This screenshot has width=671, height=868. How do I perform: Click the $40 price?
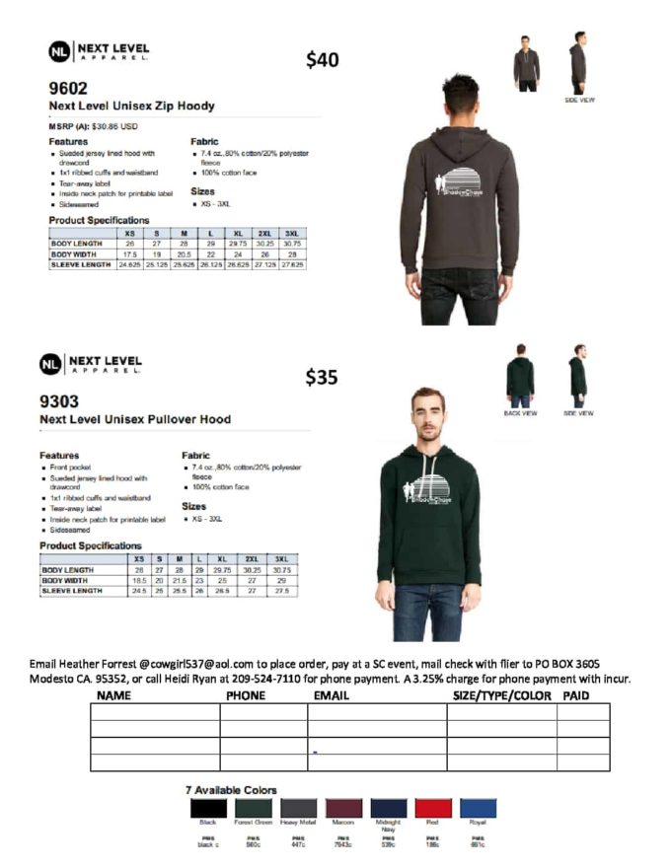(x=322, y=60)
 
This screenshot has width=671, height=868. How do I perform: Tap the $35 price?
(x=322, y=377)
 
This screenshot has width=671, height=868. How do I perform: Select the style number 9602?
(x=68, y=89)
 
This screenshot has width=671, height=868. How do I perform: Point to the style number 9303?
(x=58, y=402)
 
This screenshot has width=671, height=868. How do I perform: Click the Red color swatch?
(x=433, y=809)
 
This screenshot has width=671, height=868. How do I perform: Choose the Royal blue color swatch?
(x=478, y=809)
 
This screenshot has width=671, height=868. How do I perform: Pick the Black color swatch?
(x=208, y=809)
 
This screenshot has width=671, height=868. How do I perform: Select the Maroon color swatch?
(x=343, y=809)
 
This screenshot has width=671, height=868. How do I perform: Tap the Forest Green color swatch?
(x=254, y=809)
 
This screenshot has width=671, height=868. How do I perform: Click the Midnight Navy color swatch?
(x=388, y=809)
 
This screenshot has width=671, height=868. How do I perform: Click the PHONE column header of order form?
(x=246, y=695)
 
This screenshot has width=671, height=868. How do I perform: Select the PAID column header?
(x=575, y=695)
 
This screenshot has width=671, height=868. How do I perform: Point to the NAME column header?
(x=114, y=695)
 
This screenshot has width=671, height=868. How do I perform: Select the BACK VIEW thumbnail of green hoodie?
(x=520, y=377)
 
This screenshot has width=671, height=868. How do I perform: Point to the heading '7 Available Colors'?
(x=231, y=790)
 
